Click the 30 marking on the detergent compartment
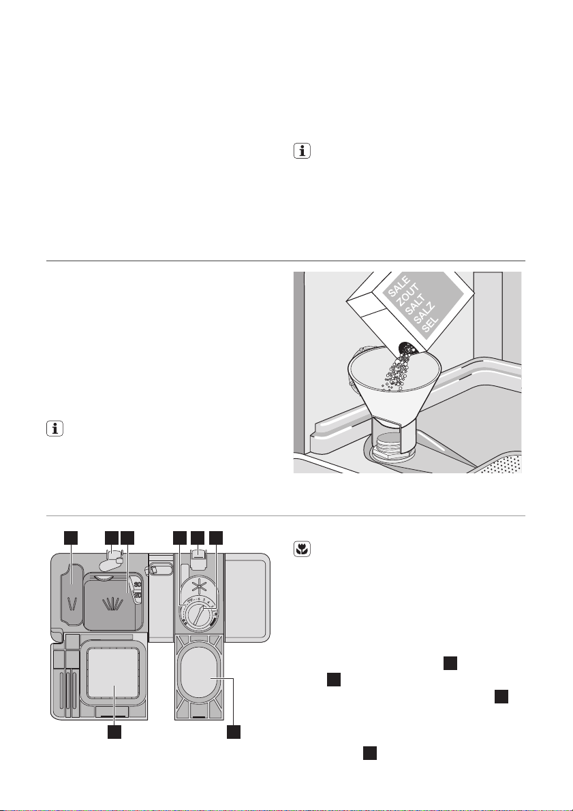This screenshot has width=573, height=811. (x=138, y=584)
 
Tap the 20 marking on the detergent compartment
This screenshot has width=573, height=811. (x=137, y=596)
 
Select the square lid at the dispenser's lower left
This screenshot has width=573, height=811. (x=114, y=671)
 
